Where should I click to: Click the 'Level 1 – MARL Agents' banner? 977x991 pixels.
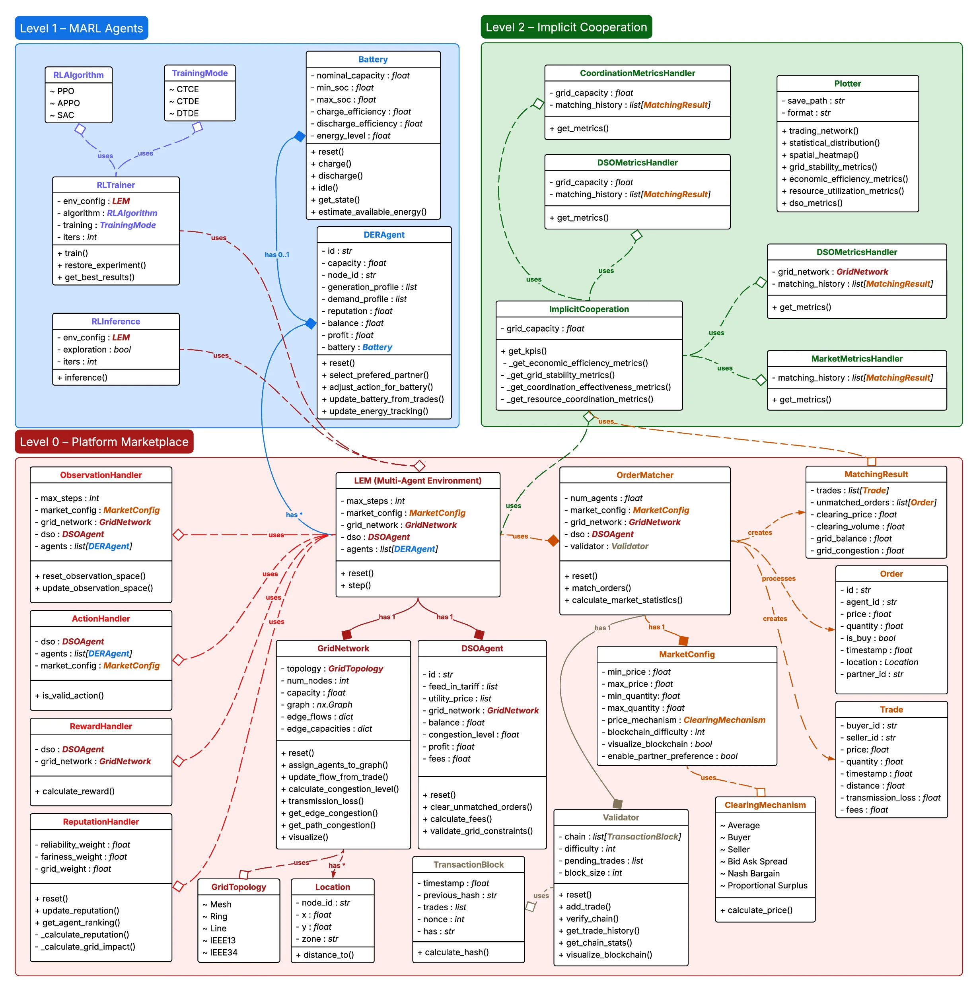coord(81,28)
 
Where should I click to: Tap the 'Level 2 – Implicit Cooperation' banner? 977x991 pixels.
coord(566,27)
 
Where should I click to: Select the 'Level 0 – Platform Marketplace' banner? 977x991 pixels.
coord(104,442)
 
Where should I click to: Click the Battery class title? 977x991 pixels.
coord(373,60)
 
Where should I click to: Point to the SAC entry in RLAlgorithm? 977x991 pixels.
coord(65,115)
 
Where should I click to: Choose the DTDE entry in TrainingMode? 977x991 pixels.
coord(187,113)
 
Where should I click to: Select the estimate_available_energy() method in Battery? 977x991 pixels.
coord(372,212)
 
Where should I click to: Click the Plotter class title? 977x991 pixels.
coord(847,84)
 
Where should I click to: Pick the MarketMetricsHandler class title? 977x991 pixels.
coord(856,359)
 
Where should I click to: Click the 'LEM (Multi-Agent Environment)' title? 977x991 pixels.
coord(418,481)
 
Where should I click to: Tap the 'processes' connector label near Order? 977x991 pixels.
coord(778,579)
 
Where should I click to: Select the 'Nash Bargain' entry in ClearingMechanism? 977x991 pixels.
coord(753,874)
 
